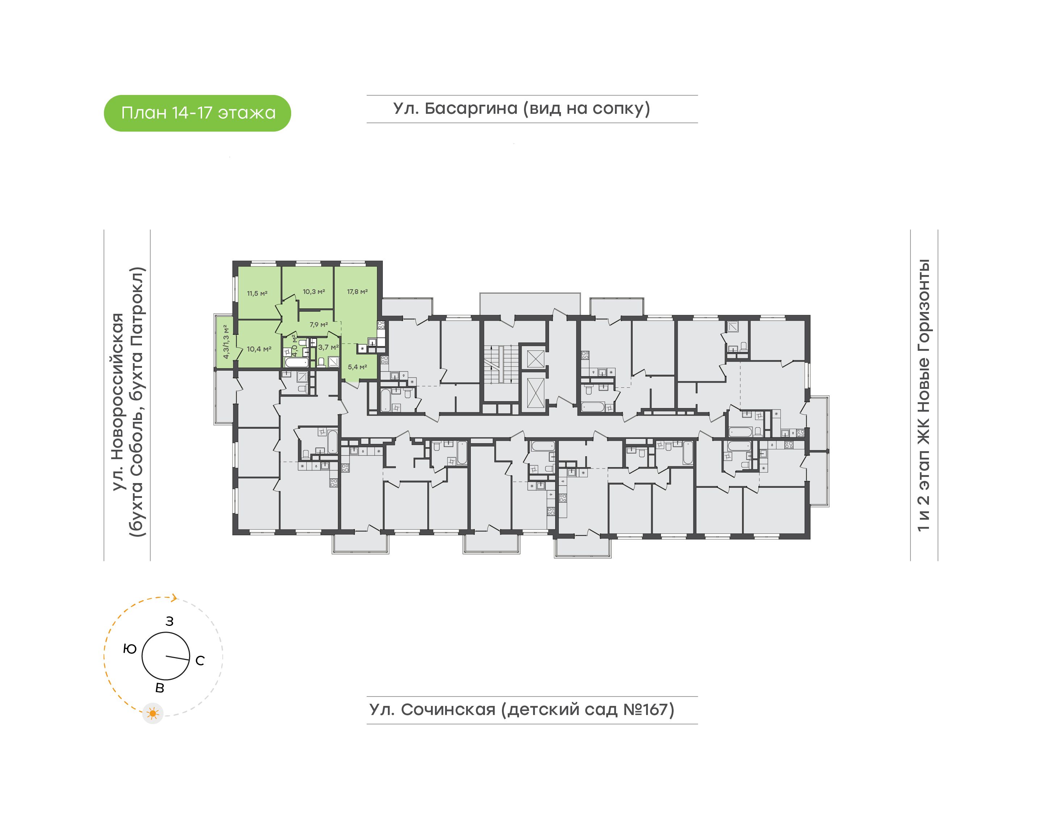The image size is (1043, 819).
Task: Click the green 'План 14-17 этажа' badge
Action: (197, 113)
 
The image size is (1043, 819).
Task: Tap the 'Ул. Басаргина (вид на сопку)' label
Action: (521, 109)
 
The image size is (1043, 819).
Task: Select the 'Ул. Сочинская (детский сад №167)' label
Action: (521, 710)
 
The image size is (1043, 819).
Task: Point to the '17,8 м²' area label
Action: (357, 291)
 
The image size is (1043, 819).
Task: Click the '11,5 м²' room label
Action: (257, 294)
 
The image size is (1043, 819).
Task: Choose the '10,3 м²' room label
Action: (314, 291)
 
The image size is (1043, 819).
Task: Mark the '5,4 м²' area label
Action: (357, 367)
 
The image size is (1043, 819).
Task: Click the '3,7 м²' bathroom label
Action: (328, 347)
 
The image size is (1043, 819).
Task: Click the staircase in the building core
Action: (500, 365)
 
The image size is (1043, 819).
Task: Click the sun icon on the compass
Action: (153, 714)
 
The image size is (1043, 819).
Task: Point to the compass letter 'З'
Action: (169, 621)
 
